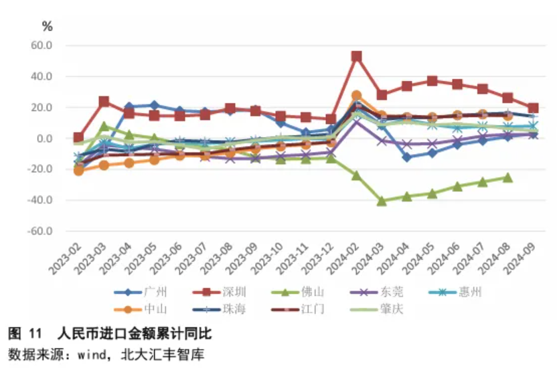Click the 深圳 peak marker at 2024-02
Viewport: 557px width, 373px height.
(356, 57)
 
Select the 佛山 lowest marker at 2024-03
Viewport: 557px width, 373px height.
(382, 201)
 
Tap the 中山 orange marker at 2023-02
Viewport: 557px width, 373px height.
(79, 171)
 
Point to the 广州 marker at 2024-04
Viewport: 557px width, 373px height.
(406, 157)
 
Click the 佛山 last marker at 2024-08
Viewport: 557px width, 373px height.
(507, 177)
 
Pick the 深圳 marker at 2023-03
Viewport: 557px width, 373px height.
(104, 102)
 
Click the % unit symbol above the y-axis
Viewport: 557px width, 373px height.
(47, 27)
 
